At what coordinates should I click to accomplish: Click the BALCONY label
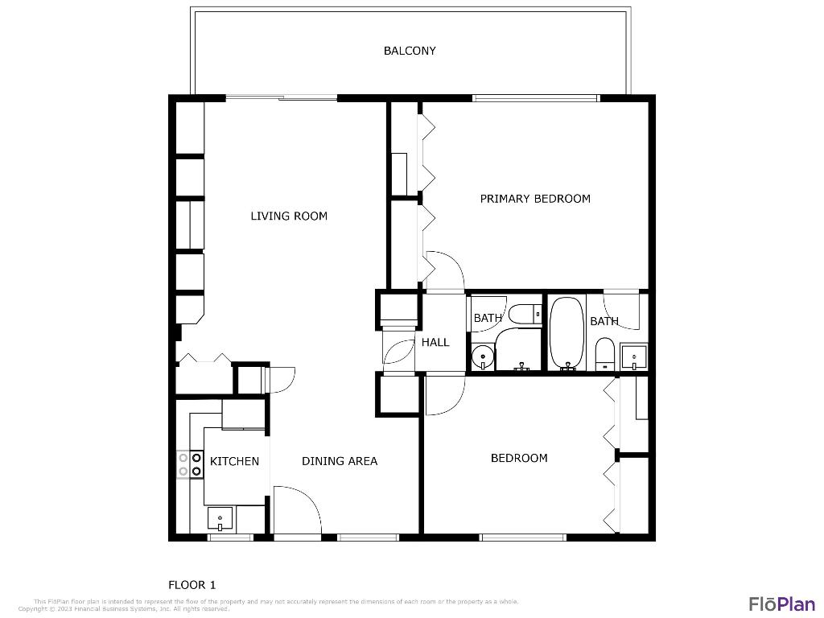click(x=410, y=51)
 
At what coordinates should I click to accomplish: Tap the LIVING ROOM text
click(x=289, y=216)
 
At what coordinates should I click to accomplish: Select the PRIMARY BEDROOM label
click(x=535, y=199)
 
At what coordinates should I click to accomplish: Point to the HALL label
click(x=435, y=342)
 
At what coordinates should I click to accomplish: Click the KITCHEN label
click(x=234, y=461)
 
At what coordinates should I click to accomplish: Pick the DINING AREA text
click(x=340, y=461)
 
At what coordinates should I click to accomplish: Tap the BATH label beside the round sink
click(x=488, y=318)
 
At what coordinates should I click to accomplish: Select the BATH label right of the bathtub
click(x=604, y=321)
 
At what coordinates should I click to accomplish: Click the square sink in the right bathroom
click(x=634, y=355)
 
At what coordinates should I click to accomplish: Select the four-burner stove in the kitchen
click(x=189, y=464)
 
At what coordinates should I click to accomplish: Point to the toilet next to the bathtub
click(x=605, y=354)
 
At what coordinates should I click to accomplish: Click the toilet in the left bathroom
click(x=528, y=314)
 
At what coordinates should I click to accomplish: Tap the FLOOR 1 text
click(x=192, y=585)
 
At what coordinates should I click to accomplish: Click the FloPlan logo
click(x=782, y=604)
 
